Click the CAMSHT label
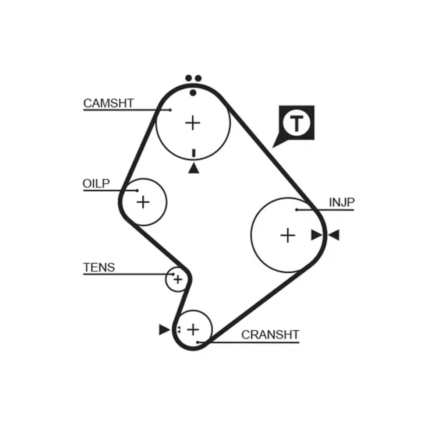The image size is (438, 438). pos(108,103)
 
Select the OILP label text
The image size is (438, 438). pos(96,184)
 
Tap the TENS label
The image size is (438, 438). pos(99,267)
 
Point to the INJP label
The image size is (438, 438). pos(342,202)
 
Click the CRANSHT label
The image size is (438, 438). pos(270,335)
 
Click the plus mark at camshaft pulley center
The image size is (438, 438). pos(193,123)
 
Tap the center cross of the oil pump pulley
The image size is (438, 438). pos(143,202)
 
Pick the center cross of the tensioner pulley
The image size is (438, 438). pos(177,279)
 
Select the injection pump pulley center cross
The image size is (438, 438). pos(288,235)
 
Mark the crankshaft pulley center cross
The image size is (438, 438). pos(193,328)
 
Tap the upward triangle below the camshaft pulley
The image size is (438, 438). pos(194,168)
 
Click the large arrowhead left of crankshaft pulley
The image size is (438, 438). pos(164,329)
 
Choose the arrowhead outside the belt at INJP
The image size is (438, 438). pos(334,235)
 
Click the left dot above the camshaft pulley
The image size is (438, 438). pos(189,78)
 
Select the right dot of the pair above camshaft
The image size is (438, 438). pos(198,78)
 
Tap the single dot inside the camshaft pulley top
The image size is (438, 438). pos(193,92)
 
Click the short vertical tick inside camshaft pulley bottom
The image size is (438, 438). pos(194,153)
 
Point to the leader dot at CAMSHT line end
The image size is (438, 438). pos(170,109)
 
